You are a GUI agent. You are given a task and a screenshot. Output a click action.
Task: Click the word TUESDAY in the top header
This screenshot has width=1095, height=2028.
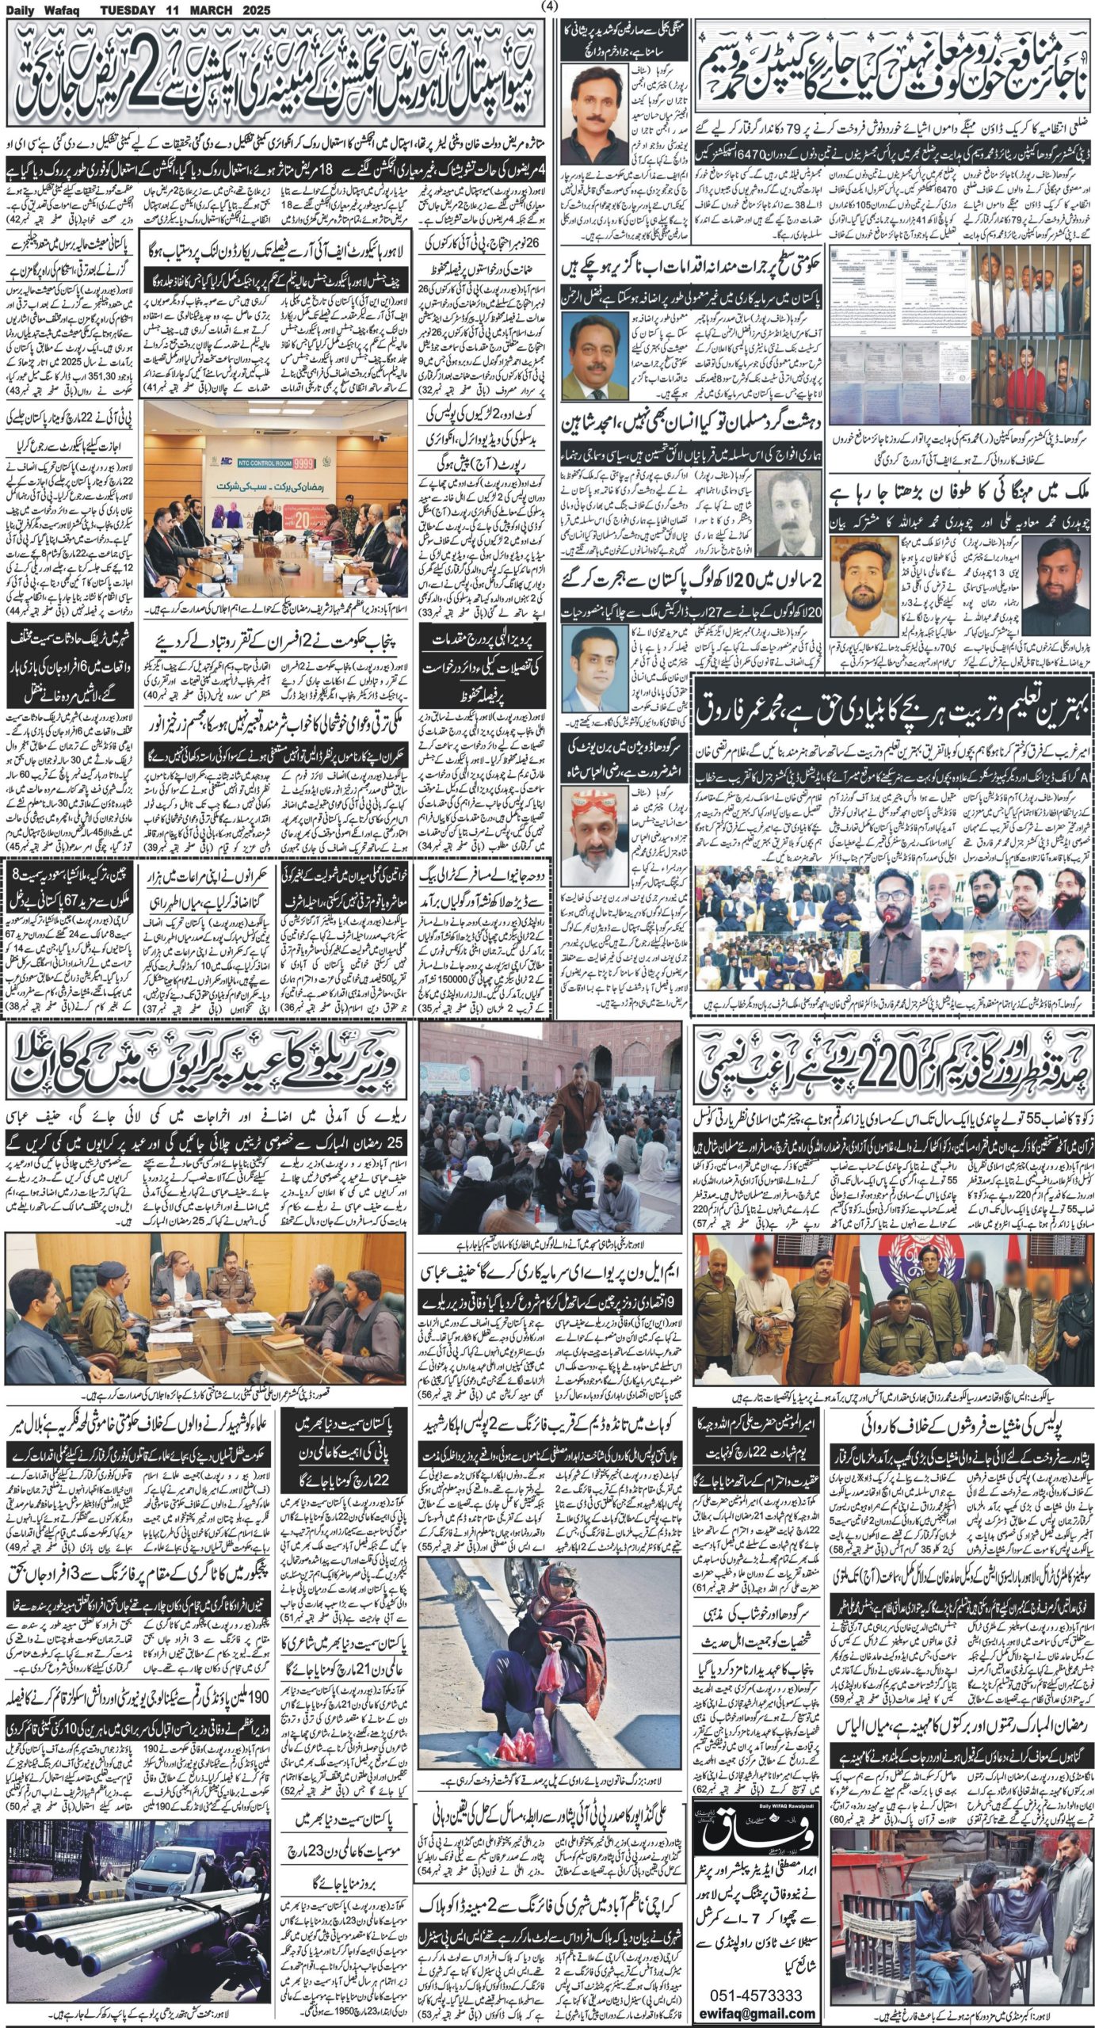click(x=132, y=10)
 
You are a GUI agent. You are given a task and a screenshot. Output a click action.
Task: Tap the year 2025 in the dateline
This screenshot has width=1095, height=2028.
click(x=251, y=10)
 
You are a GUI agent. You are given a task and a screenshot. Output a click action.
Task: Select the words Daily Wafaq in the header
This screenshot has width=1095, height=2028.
click(x=40, y=10)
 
